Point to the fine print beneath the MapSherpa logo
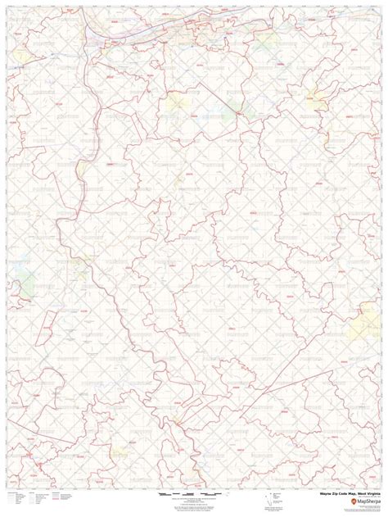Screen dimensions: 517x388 click(x=360, y=509)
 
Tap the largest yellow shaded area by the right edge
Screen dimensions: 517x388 click(x=362, y=326)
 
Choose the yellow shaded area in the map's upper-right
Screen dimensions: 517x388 click(x=317, y=98)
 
